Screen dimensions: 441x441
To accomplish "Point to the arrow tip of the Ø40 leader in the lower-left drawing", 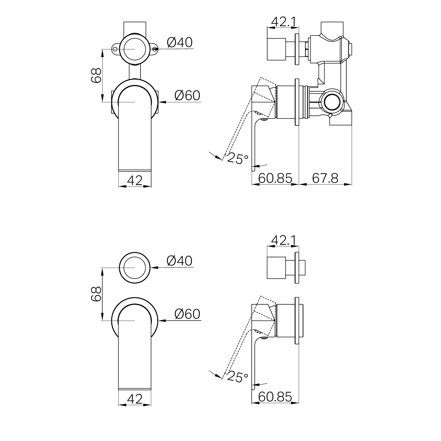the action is pos(151,267).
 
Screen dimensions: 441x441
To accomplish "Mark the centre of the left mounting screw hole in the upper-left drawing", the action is pos(115,49).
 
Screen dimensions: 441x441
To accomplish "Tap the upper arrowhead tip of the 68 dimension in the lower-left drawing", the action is pos(102,268).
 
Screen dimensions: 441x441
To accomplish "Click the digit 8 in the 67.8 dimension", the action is pos(334,178).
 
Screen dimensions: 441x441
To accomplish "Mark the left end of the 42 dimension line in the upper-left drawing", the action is pos(119,186).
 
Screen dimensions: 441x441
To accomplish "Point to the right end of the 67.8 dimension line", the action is pos(352,184).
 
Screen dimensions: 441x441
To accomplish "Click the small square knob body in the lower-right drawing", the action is pos(276,268).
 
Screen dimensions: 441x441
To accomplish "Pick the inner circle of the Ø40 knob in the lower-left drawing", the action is pos(135,268).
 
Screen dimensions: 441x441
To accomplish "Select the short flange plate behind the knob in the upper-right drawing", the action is pos(297,49).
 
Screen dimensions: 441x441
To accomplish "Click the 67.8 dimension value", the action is pos(325,178).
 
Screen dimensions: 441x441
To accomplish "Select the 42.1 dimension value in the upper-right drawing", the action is pos(284,22).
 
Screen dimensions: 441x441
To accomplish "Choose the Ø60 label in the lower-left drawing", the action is pos(188,314).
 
